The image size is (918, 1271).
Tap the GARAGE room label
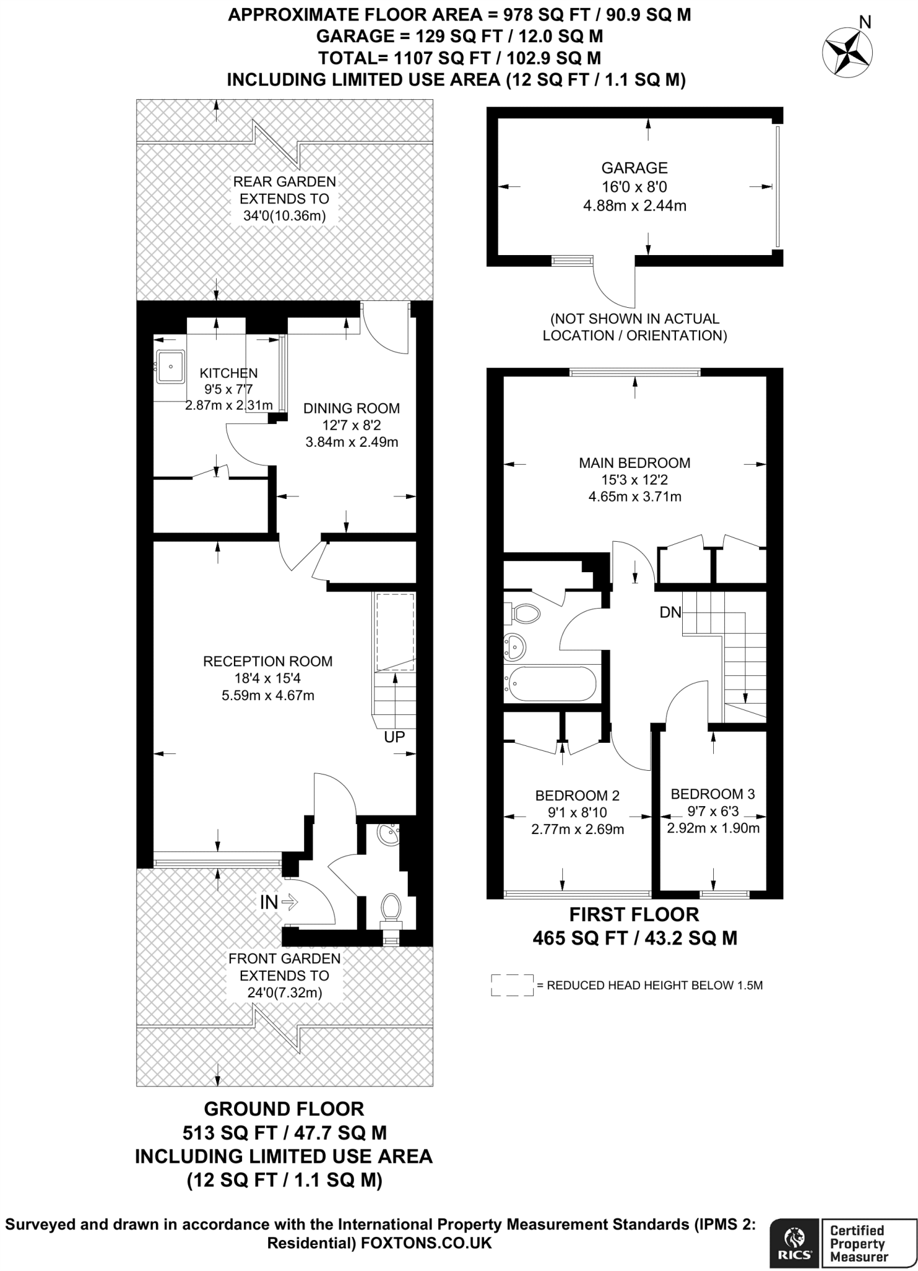tap(634, 168)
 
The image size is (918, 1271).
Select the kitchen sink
tap(170, 366)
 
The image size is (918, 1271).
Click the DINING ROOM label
tap(351, 408)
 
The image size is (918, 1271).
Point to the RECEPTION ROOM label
tap(268, 662)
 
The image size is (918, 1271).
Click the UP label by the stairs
tap(394, 737)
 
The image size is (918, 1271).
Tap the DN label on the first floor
tap(670, 613)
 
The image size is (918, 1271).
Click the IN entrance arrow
tap(279, 902)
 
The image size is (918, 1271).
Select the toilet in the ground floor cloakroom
tap(390, 907)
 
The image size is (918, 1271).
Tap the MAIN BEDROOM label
tap(634, 462)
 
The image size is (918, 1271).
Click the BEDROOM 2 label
tap(577, 796)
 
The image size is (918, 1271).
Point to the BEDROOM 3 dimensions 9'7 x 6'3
tap(713, 811)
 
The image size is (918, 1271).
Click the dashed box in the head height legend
tap(513, 986)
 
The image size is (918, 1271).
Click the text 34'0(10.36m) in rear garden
tap(284, 216)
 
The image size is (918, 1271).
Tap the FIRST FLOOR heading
tap(634, 914)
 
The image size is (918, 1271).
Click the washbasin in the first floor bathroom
tap(515, 647)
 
